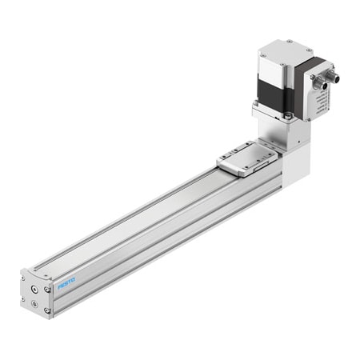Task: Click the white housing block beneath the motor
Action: (294, 164)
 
